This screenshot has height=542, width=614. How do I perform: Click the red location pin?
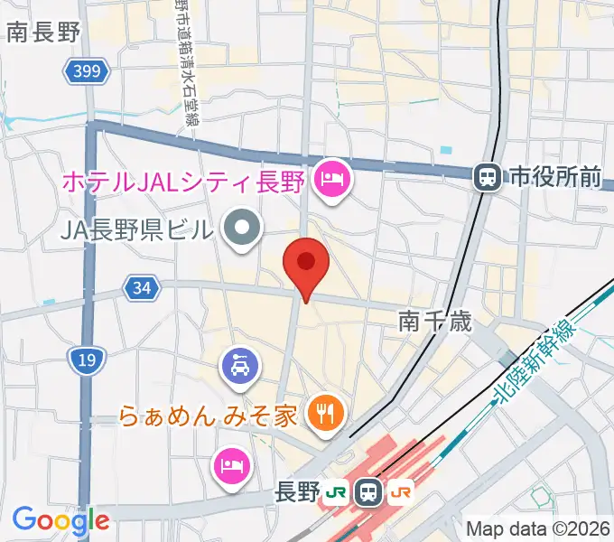pyautogui.click(x=305, y=264)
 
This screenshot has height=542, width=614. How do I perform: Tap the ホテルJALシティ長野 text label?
pyautogui.click(x=181, y=181)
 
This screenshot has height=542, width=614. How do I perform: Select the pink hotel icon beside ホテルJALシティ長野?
pyautogui.click(x=333, y=181)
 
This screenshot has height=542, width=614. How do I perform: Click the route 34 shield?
pyautogui.click(x=140, y=289)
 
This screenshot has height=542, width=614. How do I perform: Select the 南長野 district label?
pyautogui.click(x=42, y=33)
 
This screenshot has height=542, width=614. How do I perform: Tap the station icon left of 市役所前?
pyautogui.click(x=488, y=177)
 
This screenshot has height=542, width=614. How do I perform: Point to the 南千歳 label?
pyautogui.click(x=435, y=322)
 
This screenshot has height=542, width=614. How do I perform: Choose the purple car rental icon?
pyautogui.click(x=241, y=366)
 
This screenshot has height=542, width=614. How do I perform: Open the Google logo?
pyautogui.click(x=60, y=520)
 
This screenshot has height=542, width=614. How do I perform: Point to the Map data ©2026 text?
pyautogui.click(x=538, y=528)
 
